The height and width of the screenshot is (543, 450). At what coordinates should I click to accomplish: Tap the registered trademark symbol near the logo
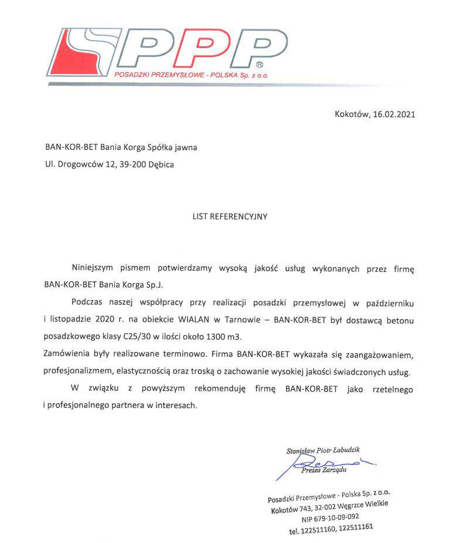point(260,64)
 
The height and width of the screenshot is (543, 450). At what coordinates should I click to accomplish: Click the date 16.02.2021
point(394,114)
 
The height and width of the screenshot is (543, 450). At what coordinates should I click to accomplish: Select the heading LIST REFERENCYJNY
point(230,217)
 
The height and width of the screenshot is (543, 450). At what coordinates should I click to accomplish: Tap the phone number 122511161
point(354,528)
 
